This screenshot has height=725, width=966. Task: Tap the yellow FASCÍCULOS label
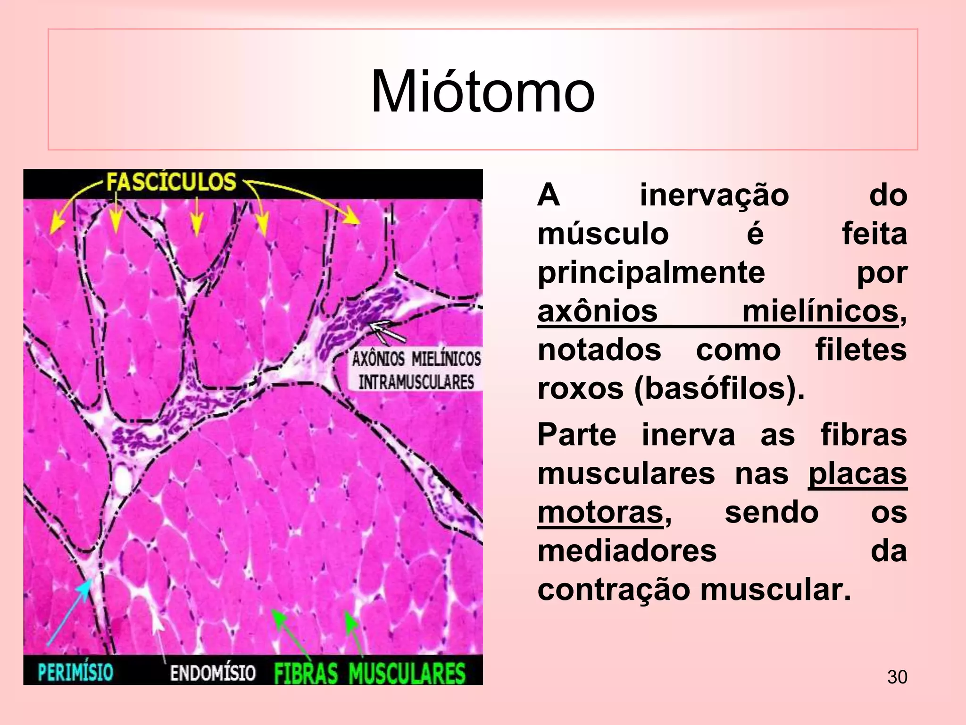pos(171,182)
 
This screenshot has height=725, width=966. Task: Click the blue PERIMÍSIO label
pos(75,672)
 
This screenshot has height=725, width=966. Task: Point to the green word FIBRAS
pos(306,673)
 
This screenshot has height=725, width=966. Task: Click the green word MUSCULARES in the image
pos(407,673)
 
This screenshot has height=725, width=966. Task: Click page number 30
pos(897,677)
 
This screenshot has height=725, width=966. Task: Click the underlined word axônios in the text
pos(597,312)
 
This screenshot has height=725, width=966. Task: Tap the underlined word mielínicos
pos(820,312)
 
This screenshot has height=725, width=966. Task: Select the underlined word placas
pos(858,473)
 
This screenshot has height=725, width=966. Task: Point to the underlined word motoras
pos(600,512)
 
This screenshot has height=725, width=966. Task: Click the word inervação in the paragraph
pos(714,195)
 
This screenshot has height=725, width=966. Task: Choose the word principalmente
pos(651,272)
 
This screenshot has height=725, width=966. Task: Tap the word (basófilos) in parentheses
pos(719,389)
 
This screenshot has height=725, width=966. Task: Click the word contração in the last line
pos(614,590)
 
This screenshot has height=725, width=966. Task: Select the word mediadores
pos(627,551)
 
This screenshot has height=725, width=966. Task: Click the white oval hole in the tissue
pos(123,480)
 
